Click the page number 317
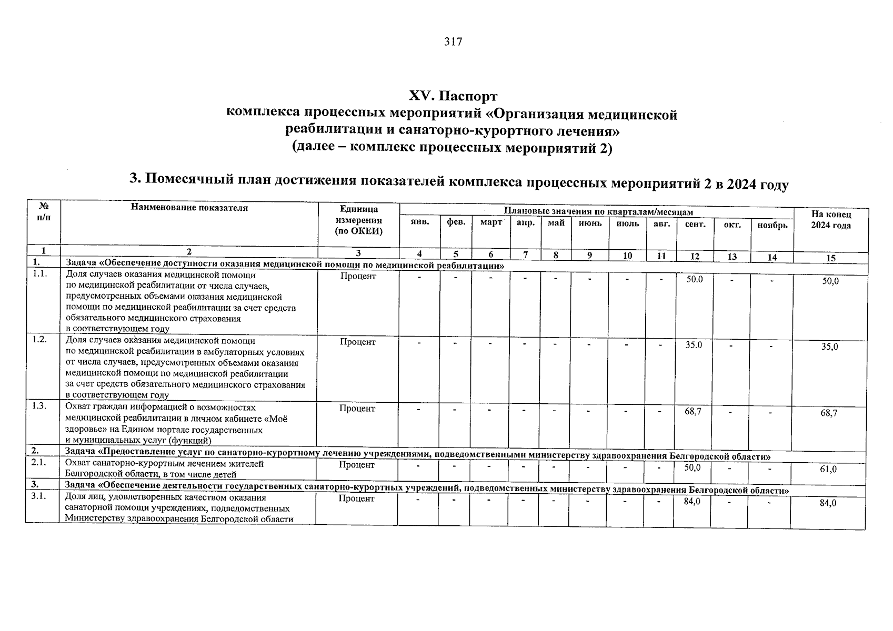453,42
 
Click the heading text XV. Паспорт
453,96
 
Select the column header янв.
419,223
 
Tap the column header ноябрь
772,225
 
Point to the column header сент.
695,224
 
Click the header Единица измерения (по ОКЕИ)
358,220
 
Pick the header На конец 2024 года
831,220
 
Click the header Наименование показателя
189,208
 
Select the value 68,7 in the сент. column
693,412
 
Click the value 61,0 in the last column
828,470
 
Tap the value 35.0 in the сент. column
694,345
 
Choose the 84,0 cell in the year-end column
828,503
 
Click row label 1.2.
39,340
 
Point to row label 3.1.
39,497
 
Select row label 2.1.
39,464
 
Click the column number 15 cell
830,258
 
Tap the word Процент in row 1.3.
357,408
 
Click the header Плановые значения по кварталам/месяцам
598,211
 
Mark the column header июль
627,223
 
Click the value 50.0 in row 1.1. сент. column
694,279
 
